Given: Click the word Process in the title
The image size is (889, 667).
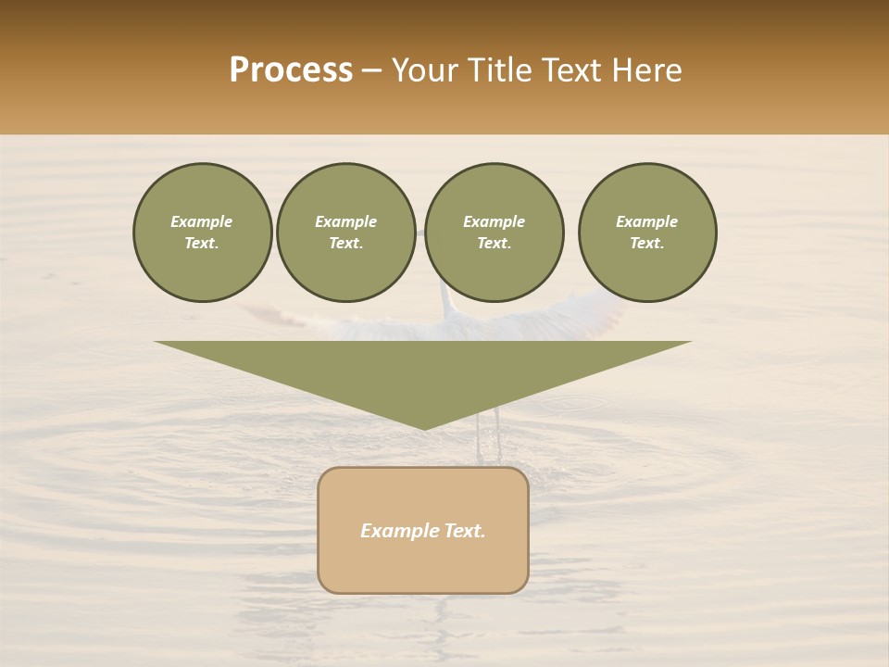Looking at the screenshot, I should (x=291, y=70).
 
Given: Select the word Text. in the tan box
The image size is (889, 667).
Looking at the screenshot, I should (x=465, y=531).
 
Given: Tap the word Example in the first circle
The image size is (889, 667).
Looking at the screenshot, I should (x=202, y=221).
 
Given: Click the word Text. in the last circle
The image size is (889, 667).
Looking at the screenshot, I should (x=647, y=243).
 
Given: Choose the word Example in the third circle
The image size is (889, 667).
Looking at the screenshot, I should (x=495, y=221).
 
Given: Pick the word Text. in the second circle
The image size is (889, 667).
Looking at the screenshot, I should (x=346, y=243).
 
